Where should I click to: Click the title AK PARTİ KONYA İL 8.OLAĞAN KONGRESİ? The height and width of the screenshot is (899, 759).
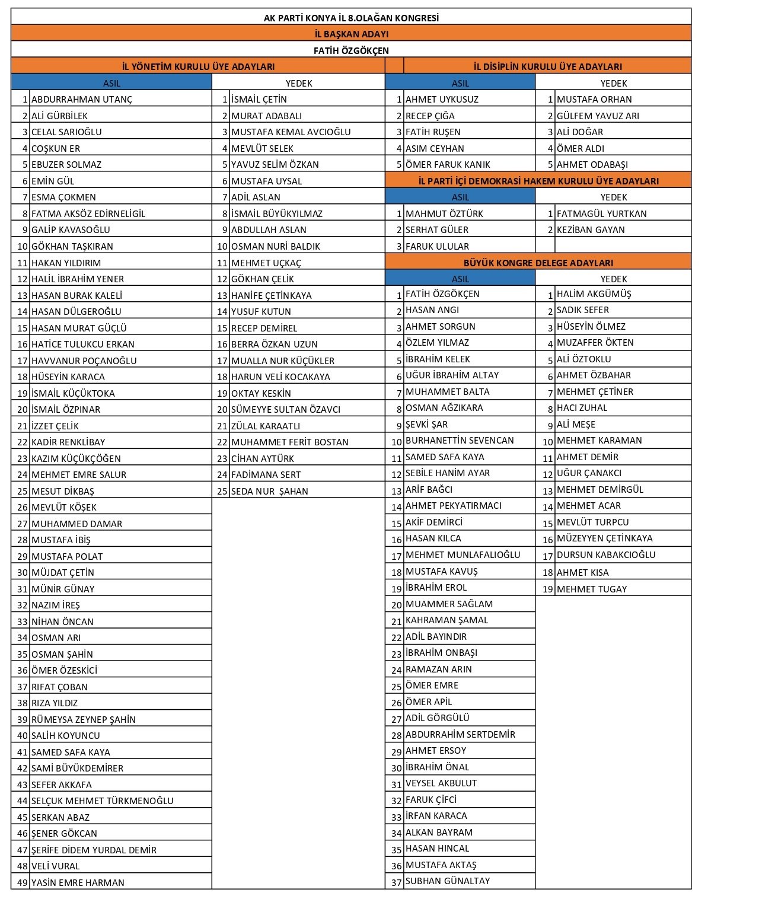(351, 18)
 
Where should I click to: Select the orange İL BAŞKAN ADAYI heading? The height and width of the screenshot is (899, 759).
(351, 34)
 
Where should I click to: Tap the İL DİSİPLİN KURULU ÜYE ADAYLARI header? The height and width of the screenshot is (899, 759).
(547, 67)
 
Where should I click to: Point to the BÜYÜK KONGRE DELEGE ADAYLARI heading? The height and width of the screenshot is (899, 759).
(538, 263)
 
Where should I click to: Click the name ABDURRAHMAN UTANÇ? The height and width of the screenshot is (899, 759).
(82, 100)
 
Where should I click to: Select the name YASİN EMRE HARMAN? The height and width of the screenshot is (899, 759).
(78, 882)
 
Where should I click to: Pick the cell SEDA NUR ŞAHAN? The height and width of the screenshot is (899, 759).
(269, 492)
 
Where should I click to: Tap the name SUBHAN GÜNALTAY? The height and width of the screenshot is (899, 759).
(448, 881)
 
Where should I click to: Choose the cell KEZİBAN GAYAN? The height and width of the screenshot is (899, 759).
(590, 230)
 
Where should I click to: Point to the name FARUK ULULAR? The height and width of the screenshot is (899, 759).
(437, 247)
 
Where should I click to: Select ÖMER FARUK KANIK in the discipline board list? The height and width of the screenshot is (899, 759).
(448, 165)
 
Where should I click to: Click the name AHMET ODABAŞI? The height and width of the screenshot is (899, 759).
(592, 165)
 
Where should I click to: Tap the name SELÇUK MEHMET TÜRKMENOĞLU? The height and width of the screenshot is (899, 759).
(102, 801)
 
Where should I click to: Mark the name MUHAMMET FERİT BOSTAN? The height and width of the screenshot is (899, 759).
(289, 442)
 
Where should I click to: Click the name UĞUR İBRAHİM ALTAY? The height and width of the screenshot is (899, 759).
(452, 375)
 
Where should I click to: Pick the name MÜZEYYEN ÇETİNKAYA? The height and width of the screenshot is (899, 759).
(604, 538)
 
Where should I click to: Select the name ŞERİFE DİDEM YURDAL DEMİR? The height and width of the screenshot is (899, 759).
(94, 850)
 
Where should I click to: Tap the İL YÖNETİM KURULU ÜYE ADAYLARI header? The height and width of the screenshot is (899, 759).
(198, 67)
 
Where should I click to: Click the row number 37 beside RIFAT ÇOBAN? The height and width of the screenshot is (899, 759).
(23, 687)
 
